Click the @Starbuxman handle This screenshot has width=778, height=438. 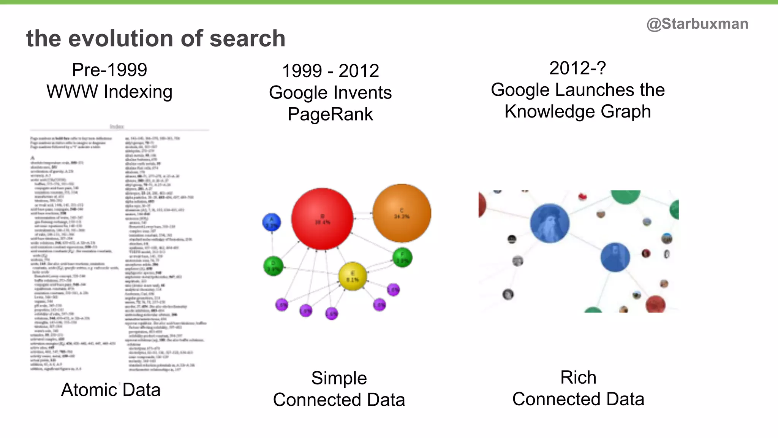click(697, 24)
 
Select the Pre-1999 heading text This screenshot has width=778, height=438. click(109, 70)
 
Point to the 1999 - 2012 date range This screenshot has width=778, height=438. click(330, 71)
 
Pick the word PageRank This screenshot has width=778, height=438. click(330, 114)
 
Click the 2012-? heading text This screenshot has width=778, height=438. click(577, 68)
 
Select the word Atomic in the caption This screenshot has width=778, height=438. click(89, 390)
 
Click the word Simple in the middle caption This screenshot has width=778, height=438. click(339, 378)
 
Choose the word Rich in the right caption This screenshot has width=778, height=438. click(578, 378)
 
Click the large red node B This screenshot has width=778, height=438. click(322, 219)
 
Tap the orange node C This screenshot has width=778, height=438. click(402, 213)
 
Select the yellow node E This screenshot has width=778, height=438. click(353, 276)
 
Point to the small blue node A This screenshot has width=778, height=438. click(272, 222)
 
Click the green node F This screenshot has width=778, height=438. click(402, 257)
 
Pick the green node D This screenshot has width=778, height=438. click(273, 266)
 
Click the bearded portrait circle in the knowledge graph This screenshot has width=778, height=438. click(550, 223)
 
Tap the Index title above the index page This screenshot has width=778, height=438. click(117, 127)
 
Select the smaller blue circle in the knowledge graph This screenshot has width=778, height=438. click(615, 257)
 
